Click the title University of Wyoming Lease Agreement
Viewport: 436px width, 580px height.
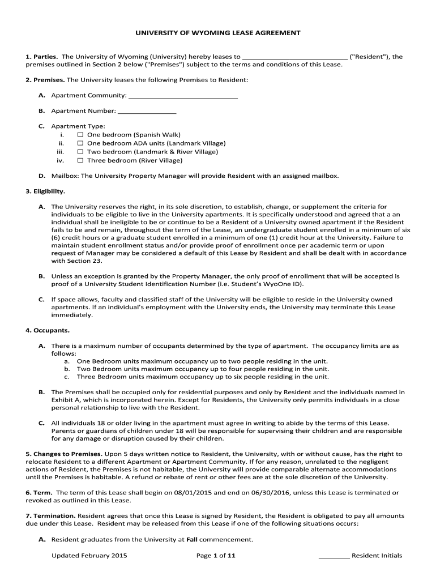217,33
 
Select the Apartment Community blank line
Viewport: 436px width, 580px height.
183,96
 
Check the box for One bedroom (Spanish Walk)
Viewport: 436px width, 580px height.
80,135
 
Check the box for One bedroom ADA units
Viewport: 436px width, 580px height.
80,143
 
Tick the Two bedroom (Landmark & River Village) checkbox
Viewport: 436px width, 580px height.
80,152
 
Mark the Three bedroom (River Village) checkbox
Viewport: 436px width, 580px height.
80,160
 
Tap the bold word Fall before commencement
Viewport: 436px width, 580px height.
192,539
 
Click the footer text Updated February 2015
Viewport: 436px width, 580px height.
89,556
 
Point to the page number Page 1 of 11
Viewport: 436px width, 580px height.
216,556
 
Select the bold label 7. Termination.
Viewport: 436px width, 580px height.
50,516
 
